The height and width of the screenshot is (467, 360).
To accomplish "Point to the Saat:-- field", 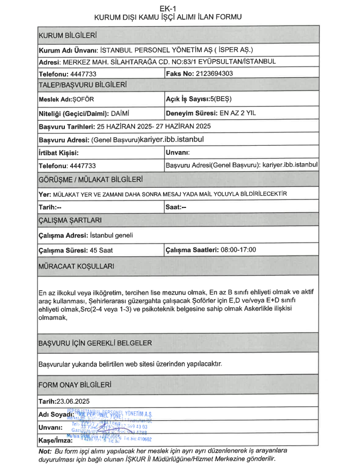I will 176,207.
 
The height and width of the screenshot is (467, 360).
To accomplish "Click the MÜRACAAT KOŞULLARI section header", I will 75,265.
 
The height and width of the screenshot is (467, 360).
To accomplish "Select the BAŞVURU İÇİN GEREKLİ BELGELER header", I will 96,343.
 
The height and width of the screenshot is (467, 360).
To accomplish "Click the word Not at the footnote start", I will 45,451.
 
